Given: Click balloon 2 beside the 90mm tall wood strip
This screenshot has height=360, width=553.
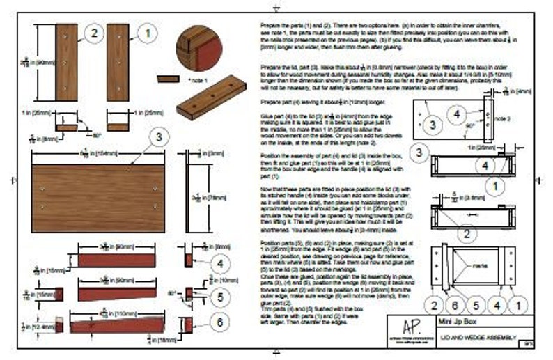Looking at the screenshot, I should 94,32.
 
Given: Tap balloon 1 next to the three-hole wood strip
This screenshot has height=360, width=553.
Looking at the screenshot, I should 147,32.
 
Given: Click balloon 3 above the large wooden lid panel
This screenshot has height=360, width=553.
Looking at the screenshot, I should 159,136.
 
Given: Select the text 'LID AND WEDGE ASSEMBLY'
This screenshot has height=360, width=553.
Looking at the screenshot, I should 481,335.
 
